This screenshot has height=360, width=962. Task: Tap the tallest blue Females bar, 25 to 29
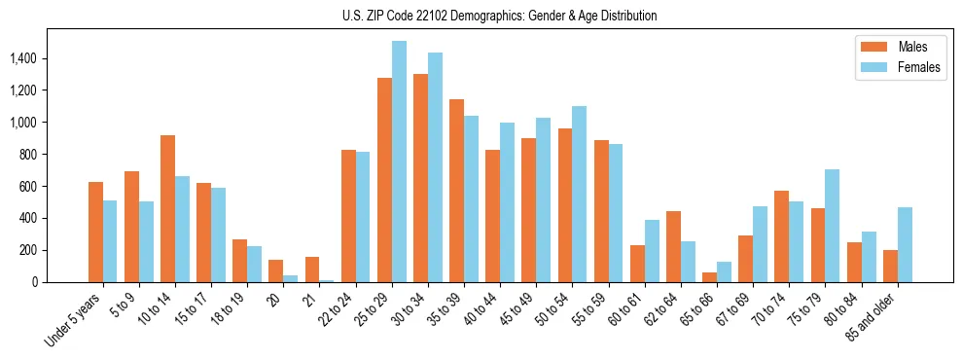[399, 162]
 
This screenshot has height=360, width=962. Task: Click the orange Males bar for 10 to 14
[167, 208]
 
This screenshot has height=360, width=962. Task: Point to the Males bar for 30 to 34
[420, 178]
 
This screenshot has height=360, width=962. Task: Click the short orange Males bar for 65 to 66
[709, 277]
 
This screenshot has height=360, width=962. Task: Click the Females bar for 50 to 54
[579, 194]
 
